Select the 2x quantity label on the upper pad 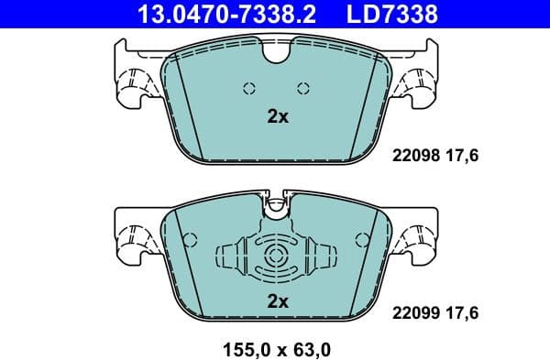click(277, 117)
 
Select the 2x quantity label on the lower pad click(277, 300)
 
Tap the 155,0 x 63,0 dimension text click(275, 347)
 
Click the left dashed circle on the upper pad click(248, 88)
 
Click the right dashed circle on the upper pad click(303, 88)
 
